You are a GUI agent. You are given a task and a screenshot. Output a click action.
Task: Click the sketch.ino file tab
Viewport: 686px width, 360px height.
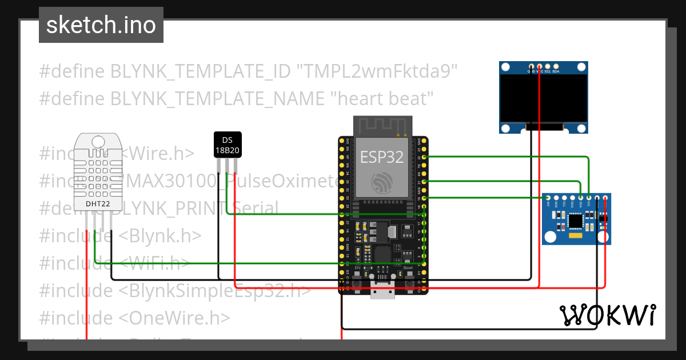pyautogui.click(x=101, y=25)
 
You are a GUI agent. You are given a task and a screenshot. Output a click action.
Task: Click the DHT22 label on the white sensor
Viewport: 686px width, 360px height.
pyautogui.click(x=98, y=203)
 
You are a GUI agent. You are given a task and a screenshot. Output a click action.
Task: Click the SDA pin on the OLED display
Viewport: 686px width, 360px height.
pyautogui.click(x=556, y=67)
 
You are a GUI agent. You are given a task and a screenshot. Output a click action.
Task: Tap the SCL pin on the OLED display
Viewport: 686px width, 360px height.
pyautogui.click(x=548, y=67)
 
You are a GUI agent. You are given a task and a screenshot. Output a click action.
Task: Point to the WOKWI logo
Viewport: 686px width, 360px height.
pyautogui.click(x=607, y=315)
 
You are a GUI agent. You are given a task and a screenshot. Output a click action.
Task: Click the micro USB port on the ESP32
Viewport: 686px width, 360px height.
pyautogui.click(x=382, y=291)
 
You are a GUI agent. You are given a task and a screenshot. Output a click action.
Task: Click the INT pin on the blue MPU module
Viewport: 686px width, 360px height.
pyautogui.click(x=548, y=198)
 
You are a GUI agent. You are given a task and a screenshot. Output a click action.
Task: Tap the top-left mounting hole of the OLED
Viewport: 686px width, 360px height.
pyautogui.click(x=505, y=68)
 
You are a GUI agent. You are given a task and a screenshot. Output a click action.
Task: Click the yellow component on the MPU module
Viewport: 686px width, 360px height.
pyautogui.click(x=576, y=235)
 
